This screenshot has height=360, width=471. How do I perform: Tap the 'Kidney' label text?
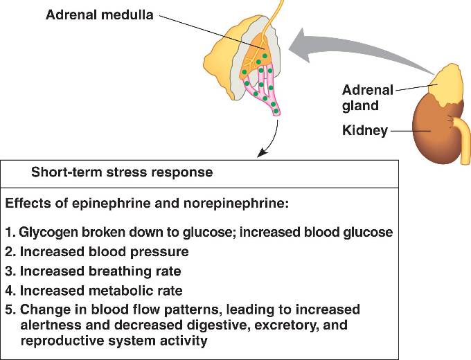364,130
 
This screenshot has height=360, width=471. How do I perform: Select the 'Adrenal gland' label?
367,98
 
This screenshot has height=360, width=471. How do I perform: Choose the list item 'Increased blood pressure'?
97,252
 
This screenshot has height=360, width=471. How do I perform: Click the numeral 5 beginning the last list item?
9,309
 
